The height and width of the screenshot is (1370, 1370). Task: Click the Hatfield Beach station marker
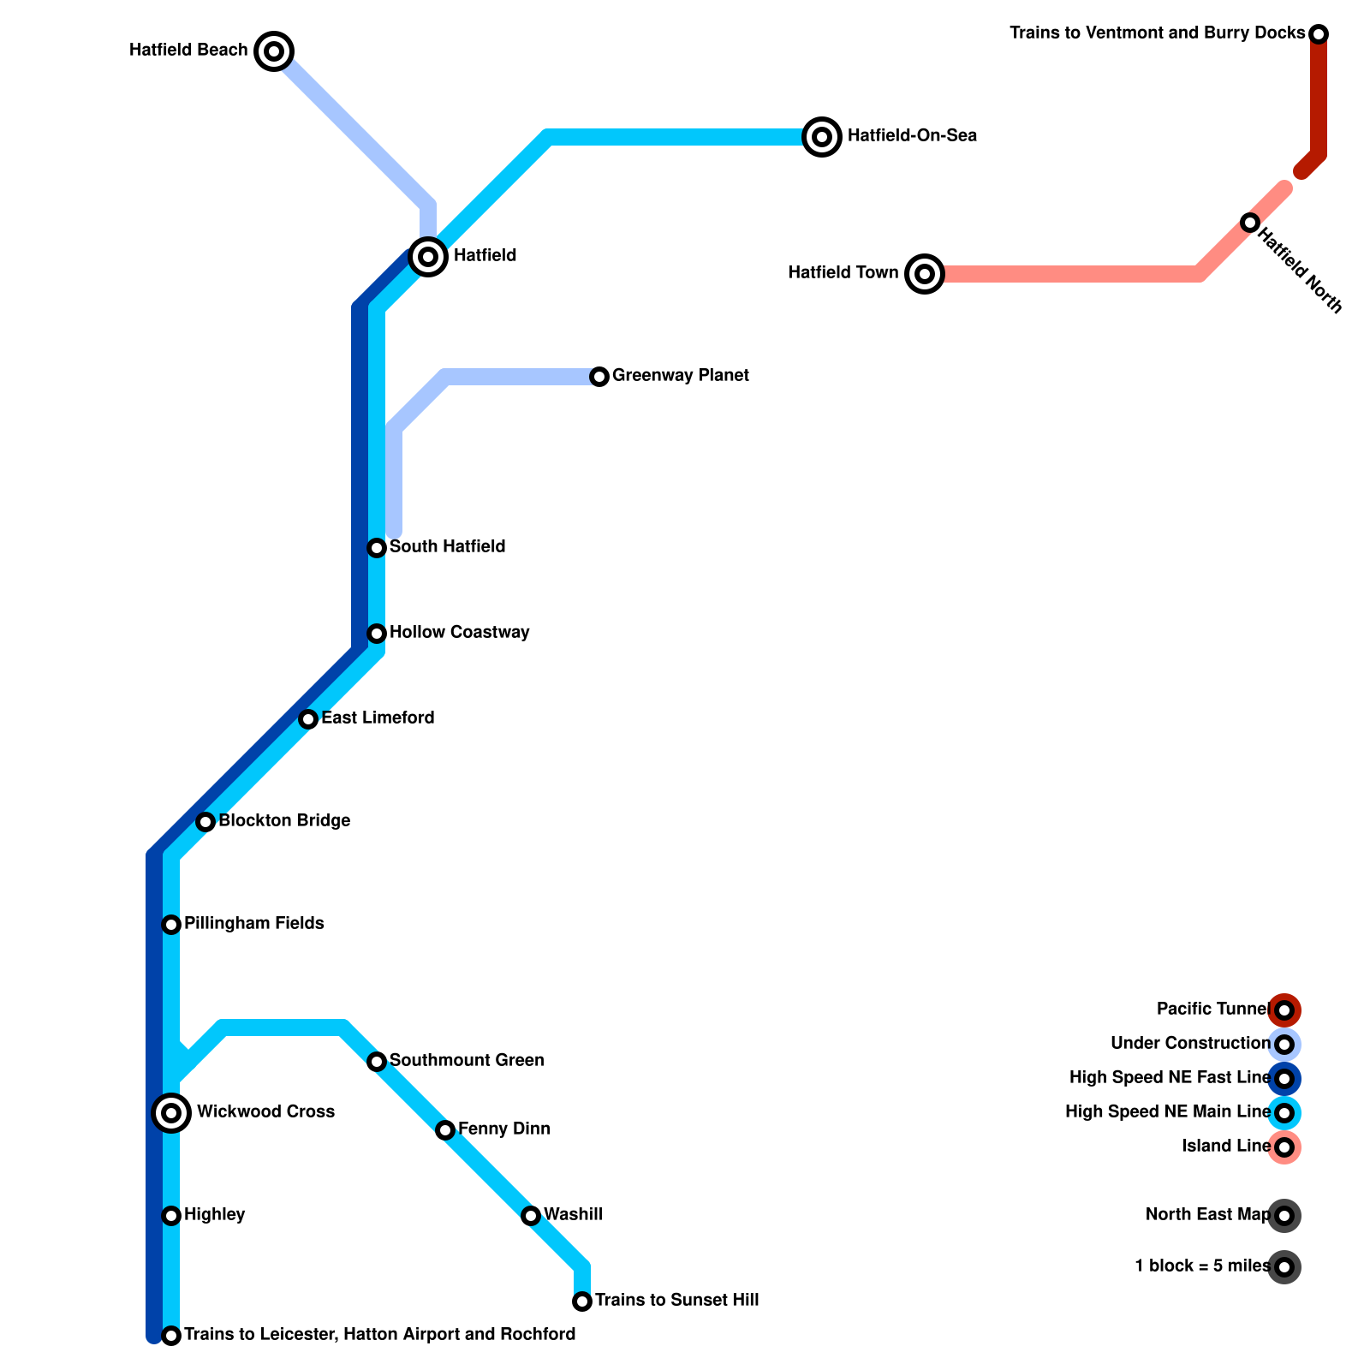coord(274,51)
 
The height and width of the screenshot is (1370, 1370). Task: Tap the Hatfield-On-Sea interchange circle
coord(822,136)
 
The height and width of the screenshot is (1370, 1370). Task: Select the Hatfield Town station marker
coord(925,274)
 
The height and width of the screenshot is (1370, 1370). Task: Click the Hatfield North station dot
coord(1250,223)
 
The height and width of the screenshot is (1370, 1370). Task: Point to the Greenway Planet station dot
coord(599,377)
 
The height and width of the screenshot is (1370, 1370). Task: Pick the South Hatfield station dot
coord(377,548)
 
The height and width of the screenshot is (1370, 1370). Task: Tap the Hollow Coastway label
coord(459,633)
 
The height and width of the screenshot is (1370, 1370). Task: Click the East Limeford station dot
coord(308,719)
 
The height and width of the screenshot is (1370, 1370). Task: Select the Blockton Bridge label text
coord(284,821)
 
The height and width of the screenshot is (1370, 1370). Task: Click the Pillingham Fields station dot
coord(171,925)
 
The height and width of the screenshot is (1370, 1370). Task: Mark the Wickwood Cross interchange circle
coord(171,1113)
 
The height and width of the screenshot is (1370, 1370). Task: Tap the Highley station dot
coord(171,1216)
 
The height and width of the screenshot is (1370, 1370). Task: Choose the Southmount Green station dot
coord(377,1062)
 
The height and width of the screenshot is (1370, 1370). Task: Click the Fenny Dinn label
coord(503,1129)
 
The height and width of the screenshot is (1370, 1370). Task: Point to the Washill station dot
coord(531,1216)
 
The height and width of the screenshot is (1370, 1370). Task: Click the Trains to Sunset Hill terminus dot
coord(582,1301)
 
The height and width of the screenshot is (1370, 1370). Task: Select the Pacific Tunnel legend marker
coord(1284,1010)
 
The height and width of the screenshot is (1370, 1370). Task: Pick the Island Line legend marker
coord(1284,1147)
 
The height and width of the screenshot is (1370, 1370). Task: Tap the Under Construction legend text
coord(1190,1044)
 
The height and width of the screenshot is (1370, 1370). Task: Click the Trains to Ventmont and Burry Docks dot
coord(1319,34)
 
